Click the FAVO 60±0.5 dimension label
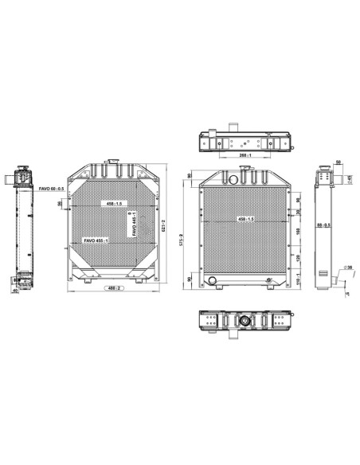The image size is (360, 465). point(53,188)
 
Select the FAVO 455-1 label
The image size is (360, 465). point(98,241)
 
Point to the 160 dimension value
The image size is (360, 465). point(297,232)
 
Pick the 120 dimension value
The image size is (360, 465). point(297,259)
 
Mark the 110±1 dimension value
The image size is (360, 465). point(297,279)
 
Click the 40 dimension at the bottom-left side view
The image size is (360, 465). point(16,290)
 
